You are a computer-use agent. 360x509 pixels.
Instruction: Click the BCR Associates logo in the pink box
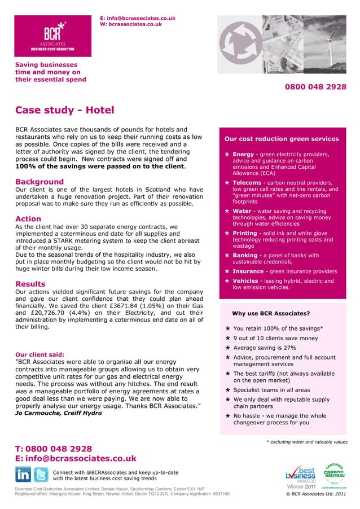[x=52, y=36]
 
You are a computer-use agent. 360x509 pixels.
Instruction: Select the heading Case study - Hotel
[x=64, y=110]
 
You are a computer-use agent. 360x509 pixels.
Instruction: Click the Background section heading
[x=39, y=182]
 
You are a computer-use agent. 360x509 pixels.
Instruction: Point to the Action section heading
[x=28, y=219]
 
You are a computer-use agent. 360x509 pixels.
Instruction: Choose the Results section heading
[x=30, y=284]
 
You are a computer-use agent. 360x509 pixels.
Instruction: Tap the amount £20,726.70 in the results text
[x=55, y=313]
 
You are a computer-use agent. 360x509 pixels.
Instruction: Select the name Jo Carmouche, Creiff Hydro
[x=59, y=413]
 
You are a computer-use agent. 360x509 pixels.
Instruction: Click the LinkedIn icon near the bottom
[x=23, y=474]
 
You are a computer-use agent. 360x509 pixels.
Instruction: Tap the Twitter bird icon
[x=41, y=474]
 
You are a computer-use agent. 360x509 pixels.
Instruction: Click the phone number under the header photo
[x=315, y=87]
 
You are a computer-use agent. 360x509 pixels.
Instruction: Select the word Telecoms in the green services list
[x=247, y=183]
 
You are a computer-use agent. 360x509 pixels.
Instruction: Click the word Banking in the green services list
[x=245, y=255]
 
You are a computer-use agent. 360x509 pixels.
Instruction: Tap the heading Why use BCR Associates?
[x=271, y=313]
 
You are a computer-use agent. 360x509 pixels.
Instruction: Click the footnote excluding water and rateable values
[x=306, y=442]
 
